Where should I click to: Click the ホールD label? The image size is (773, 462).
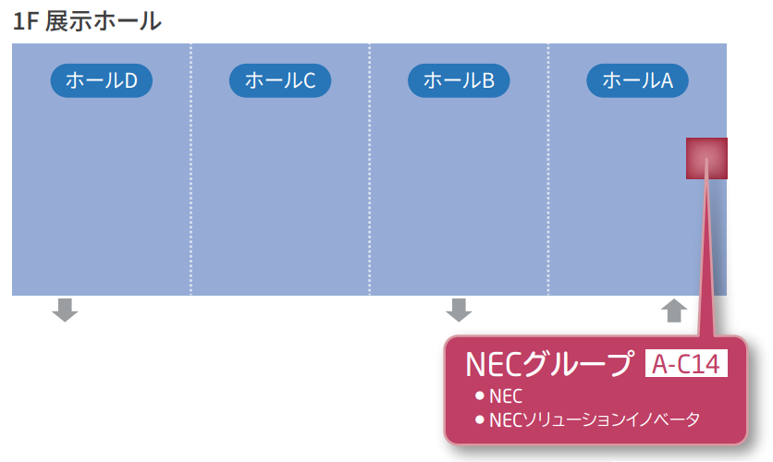click(101, 80)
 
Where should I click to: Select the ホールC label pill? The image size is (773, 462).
click(280, 80)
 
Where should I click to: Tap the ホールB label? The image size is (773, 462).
click(459, 80)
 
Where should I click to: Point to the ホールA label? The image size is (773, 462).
click(637, 80)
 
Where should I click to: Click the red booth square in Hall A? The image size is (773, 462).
click(706, 158)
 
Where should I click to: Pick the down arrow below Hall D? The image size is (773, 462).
click(65, 310)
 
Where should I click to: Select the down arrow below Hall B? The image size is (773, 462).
click(459, 310)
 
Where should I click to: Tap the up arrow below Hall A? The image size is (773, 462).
click(674, 310)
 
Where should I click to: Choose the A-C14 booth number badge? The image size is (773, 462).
click(685, 364)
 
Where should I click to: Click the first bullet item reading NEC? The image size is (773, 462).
click(505, 395)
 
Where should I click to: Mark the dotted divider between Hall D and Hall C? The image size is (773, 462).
click(191, 169)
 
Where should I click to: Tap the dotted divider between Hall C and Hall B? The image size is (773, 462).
click(369, 169)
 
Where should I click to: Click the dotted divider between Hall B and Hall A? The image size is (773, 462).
click(548, 169)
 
